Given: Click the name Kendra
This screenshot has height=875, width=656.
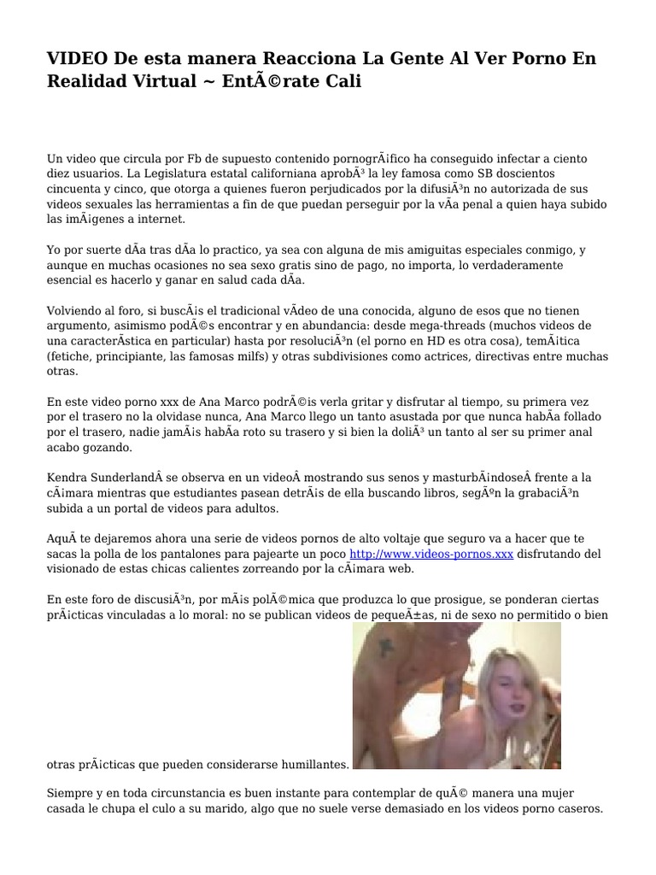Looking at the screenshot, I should (67, 478).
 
